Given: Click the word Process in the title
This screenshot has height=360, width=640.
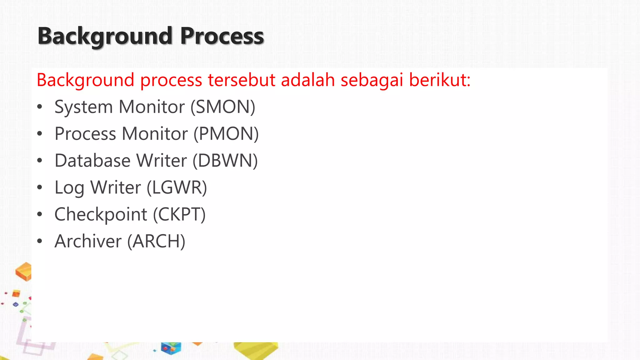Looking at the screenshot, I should [222, 36].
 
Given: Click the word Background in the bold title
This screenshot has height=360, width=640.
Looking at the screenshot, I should [105, 36].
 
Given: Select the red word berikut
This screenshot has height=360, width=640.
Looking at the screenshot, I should [439, 80].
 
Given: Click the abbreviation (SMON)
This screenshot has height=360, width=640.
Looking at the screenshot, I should [223, 107].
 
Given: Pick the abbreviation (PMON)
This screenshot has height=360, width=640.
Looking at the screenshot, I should [226, 134].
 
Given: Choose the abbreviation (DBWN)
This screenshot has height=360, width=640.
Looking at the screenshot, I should [225, 161].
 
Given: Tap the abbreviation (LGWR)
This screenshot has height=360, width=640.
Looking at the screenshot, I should [177, 187].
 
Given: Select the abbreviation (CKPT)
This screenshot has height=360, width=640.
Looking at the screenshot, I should [179, 214].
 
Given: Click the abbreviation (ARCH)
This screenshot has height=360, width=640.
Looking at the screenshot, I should [156, 241].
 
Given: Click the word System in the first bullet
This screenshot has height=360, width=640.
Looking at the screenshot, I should [83, 107].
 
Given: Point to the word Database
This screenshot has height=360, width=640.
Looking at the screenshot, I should [92, 161].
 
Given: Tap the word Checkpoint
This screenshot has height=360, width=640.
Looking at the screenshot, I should [101, 214].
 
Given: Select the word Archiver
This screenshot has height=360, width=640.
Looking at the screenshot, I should [88, 241].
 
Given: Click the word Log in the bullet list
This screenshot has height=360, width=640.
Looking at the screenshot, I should [69, 187].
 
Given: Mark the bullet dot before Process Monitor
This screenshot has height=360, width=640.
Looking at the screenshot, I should [39, 134].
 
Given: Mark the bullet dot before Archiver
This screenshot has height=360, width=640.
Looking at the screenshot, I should [39, 241].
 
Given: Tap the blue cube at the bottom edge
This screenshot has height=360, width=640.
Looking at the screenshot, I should [171, 348].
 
